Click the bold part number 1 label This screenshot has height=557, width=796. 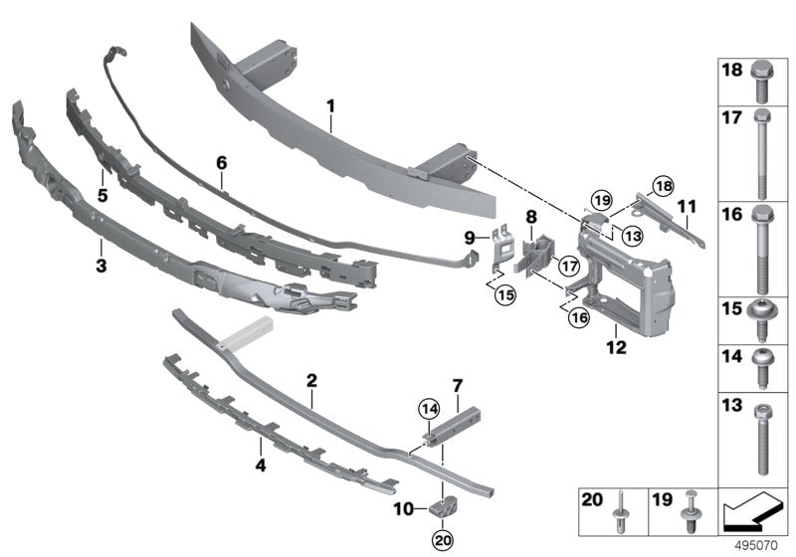point(331,103)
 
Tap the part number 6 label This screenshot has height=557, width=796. point(222,161)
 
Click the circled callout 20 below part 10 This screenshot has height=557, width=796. point(441,540)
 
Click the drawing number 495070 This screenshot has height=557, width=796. point(758,546)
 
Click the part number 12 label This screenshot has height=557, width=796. point(618,347)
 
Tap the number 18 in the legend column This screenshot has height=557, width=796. point(730,71)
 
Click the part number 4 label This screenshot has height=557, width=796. point(261,464)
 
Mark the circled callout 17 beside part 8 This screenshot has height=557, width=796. point(567,266)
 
